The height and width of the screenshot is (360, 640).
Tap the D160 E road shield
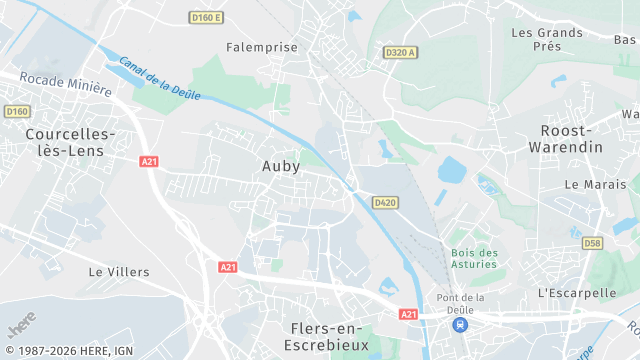pos(207,17)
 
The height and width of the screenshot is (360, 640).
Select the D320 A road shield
pos(400,52)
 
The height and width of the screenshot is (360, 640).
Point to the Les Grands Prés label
pos(547,39)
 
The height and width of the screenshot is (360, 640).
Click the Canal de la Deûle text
pos(160,78)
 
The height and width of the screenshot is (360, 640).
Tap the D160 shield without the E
pos(16,111)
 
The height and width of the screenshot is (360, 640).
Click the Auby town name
pos(281,166)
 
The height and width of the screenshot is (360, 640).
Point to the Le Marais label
pos(587,184)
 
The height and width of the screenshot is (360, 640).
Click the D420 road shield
pos(385,202)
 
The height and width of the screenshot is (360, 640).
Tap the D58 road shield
pos(592,242)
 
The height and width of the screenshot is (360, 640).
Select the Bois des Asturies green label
pos(474,259)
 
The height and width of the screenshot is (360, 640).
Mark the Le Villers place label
pos(119,271)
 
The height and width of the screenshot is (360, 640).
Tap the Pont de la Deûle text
pos(460,303)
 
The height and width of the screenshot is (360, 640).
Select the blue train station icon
pos(458,326)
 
